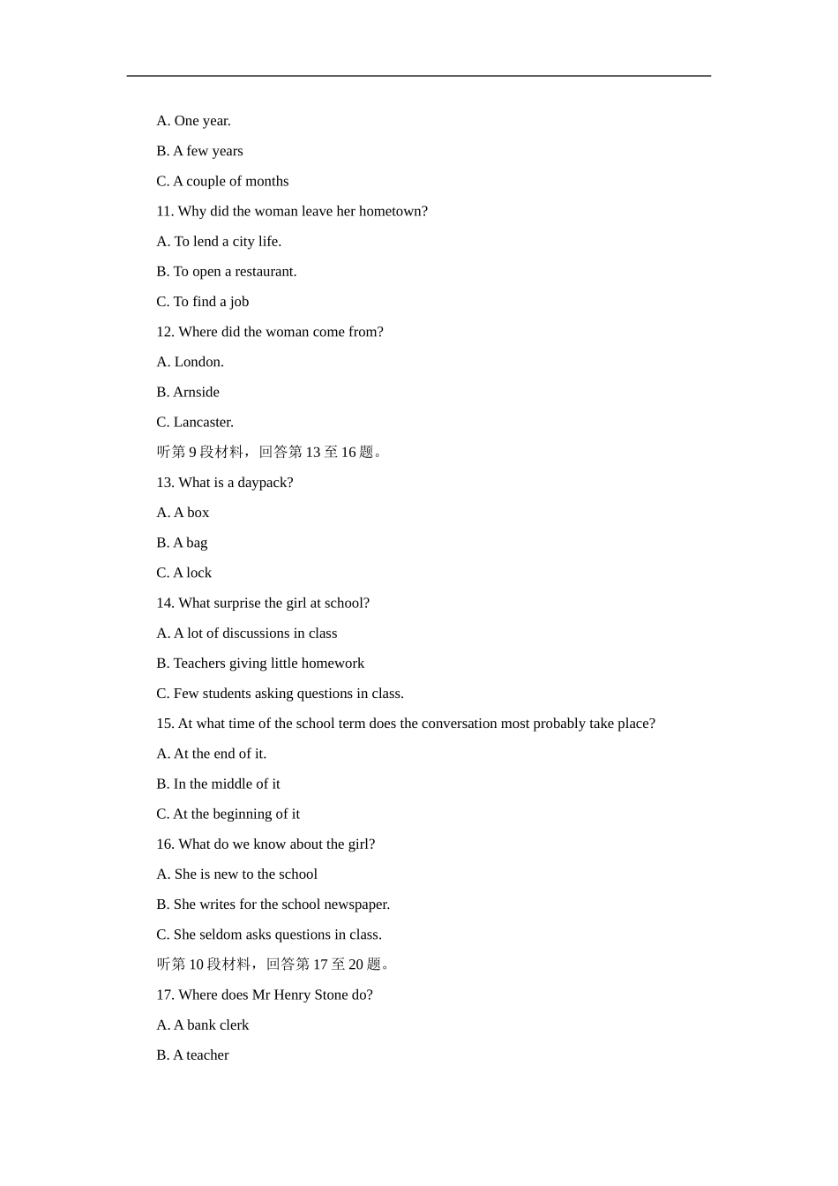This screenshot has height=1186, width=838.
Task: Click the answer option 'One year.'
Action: click(202, 121)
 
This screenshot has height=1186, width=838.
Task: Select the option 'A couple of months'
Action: click(230, 181)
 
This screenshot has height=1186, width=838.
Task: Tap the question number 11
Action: click(165, 211)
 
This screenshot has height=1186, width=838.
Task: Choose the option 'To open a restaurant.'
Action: click(235, 272)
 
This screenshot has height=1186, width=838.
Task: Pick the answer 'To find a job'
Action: click(211, 302)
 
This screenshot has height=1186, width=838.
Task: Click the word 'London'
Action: click(198, 362)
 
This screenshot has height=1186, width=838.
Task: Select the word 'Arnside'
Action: click(196, 392)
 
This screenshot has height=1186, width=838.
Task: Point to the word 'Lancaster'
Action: click(202, 422)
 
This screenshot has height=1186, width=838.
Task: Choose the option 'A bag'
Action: click(190, 543)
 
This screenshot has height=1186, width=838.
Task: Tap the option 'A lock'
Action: click(192, 573)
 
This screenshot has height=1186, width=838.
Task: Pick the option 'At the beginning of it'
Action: click(236, 814)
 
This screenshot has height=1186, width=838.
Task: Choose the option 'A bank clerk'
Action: click(211, 1025)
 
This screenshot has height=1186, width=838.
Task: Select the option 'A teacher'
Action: click(200, 1055)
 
